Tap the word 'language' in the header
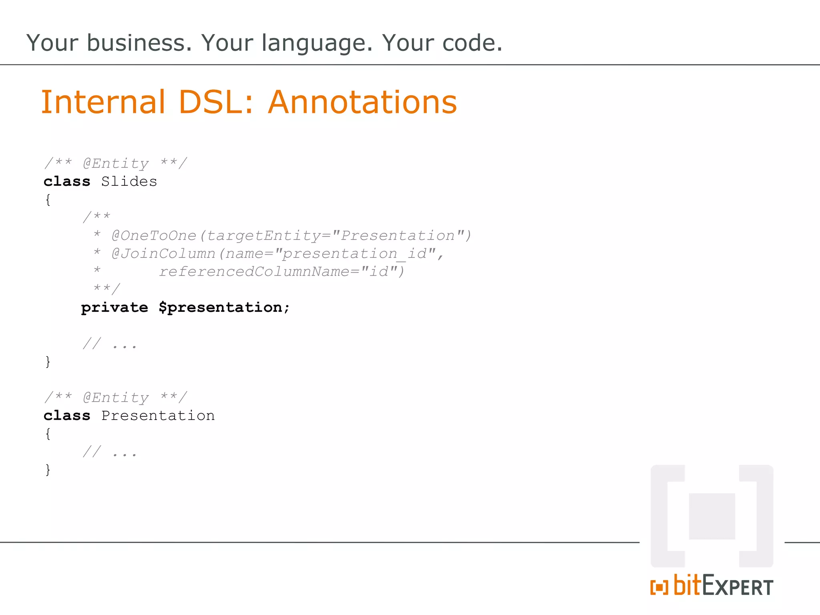317,43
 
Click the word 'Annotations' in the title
362,102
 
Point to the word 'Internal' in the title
103,102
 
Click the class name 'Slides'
129,181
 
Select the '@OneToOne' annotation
154,235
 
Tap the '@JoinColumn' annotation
164,253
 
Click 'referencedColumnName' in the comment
254,271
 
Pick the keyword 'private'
115,307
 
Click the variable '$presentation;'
224,307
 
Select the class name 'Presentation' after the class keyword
158,416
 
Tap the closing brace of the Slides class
48,362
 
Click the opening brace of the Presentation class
48,434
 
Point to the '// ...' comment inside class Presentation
110,452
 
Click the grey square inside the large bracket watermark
712,516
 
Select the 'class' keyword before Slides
67,181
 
